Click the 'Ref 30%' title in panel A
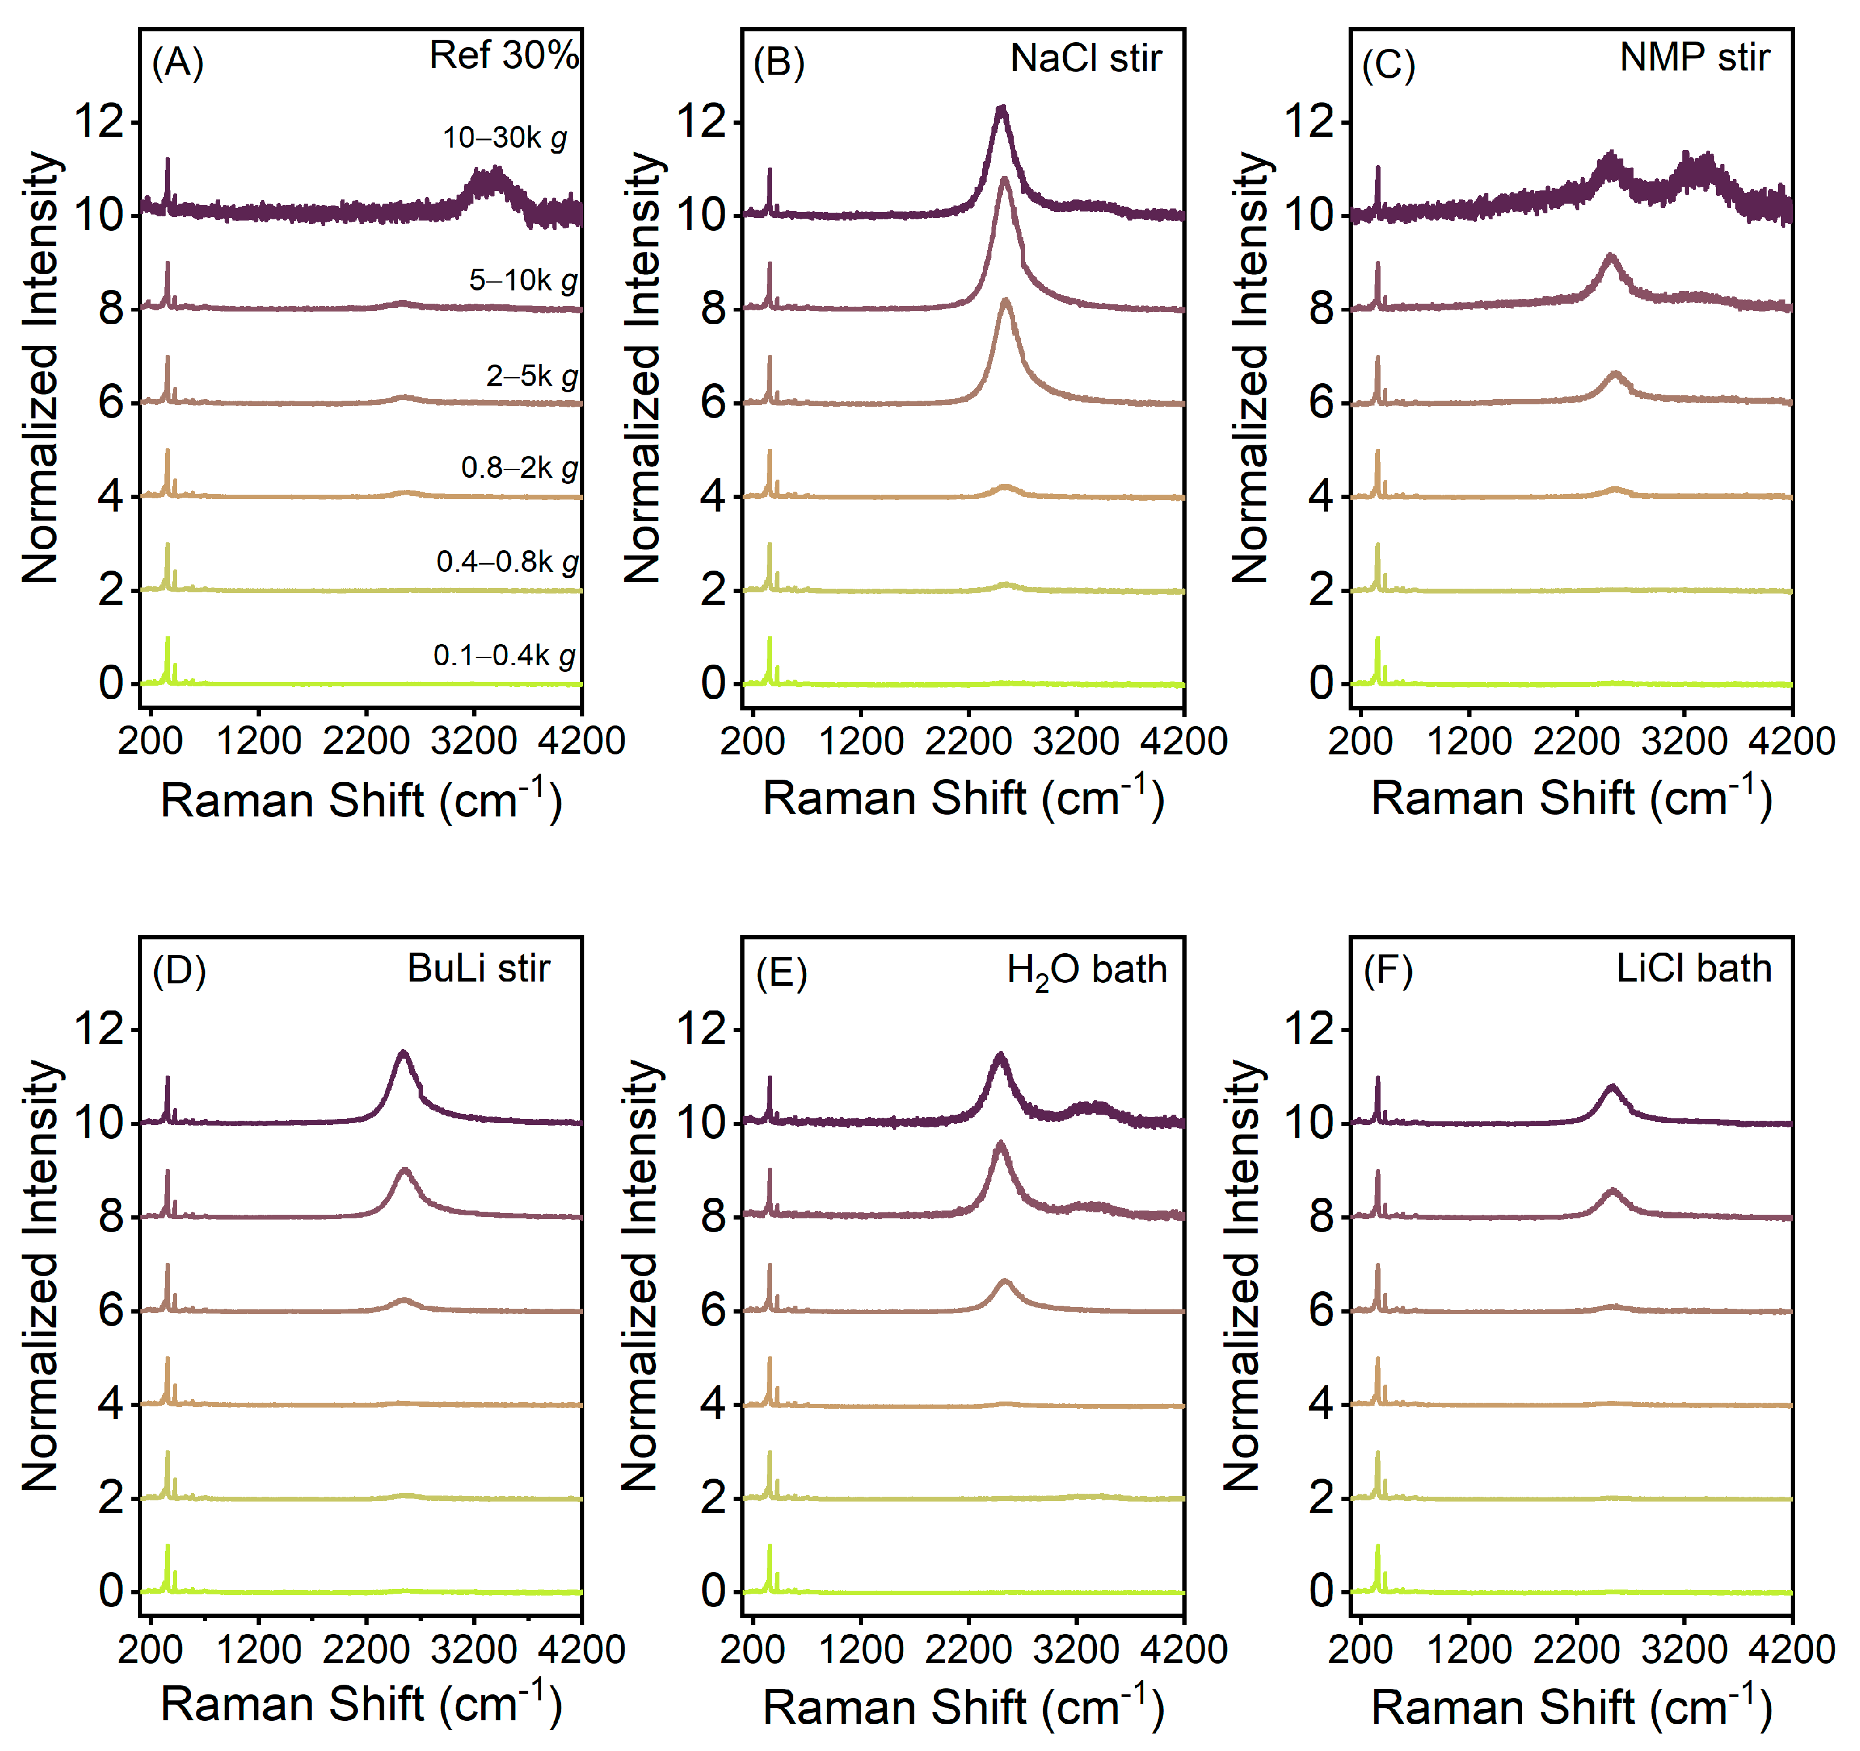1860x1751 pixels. click(x=504, y=55)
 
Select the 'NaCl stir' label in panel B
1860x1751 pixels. click(x=1085, y=58)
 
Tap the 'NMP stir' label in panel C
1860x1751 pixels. click(x=1694, y=58)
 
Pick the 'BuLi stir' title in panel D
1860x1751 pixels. click(x=478, y=968)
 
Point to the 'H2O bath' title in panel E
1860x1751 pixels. click(x=1086, y=969)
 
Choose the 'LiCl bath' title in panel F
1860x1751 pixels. click(x=1694, y=968)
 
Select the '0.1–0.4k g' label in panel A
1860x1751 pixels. click(x=504, y=655)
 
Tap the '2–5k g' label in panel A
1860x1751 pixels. click(x=531, y=376)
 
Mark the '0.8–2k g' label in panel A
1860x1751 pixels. click(x=519, y=468)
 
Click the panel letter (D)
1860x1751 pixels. click(x=179, y=971)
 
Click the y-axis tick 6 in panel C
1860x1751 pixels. click(x=1320, y=403)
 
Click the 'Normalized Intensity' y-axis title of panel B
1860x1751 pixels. click(x=642, y=367)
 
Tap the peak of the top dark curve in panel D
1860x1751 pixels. click(x=403, y=1053)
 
